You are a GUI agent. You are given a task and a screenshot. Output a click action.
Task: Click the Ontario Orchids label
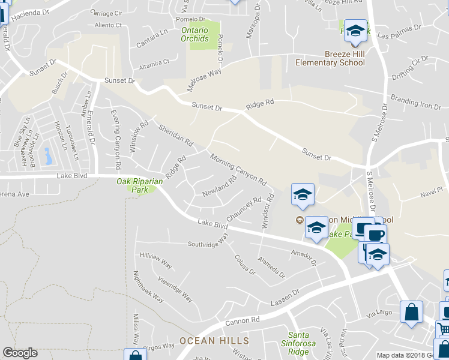pyautogui.click(x=195, y=34)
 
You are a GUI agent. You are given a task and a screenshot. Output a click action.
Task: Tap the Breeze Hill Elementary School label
pyautogui.click(x=330, y=58)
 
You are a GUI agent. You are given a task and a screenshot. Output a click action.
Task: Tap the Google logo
pyautogui.click(x=20, y=353)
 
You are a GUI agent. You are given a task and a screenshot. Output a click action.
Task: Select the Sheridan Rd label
pyautogui.click(x=176, y=135)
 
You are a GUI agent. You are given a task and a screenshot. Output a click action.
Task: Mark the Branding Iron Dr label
pyautogui.click(x=415, y=102)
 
